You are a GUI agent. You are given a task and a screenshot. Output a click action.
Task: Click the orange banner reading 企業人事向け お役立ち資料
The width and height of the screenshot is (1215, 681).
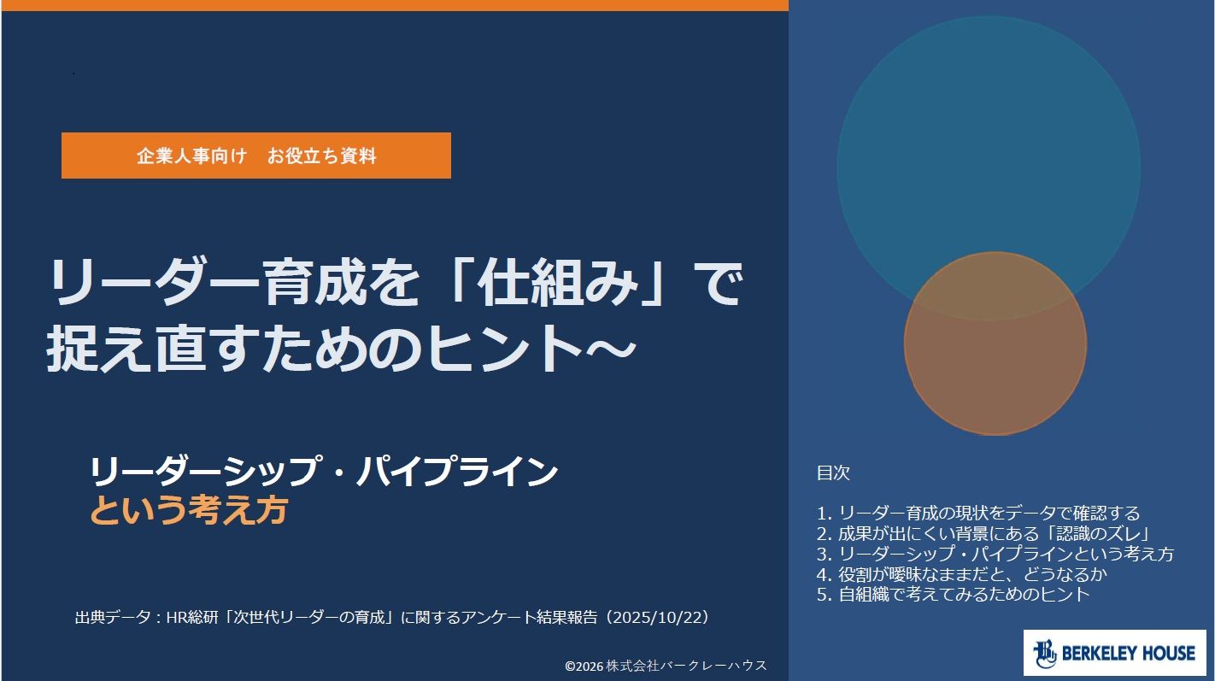click(x=256, y=156)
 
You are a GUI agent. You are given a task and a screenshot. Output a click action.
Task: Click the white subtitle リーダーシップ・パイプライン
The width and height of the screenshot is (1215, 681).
click(x=324, y=472)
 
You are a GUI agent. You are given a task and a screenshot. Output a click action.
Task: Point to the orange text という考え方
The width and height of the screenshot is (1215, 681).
click(x=188, y=510)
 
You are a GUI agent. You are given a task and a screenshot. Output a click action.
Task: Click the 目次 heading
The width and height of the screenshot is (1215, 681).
click(x=833, y=473)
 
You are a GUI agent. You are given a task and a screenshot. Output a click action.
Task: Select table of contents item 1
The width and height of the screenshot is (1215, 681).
click(x=978, y=513)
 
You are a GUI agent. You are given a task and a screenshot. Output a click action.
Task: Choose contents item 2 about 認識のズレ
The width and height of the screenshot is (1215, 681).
click(x=983, y=533)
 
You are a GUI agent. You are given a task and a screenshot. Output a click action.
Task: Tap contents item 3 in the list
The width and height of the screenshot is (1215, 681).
click(x=995, y=554)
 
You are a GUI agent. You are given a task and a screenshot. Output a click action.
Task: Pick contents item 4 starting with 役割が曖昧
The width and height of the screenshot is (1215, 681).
click(x=962, y=573)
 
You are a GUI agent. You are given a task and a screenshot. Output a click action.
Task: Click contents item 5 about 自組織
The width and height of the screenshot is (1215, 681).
click(x=953, y=594)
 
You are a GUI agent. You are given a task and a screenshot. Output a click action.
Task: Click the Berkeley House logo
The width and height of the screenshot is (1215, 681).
click(x=1115, y=653)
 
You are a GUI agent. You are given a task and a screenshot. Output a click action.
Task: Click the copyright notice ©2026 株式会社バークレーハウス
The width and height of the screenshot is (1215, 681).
click(x=666, y=666)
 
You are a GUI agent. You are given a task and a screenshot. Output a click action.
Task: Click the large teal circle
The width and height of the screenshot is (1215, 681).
click(x=989, y=136)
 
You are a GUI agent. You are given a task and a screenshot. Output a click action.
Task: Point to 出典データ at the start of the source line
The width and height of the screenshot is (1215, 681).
click(x=113, y=618)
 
